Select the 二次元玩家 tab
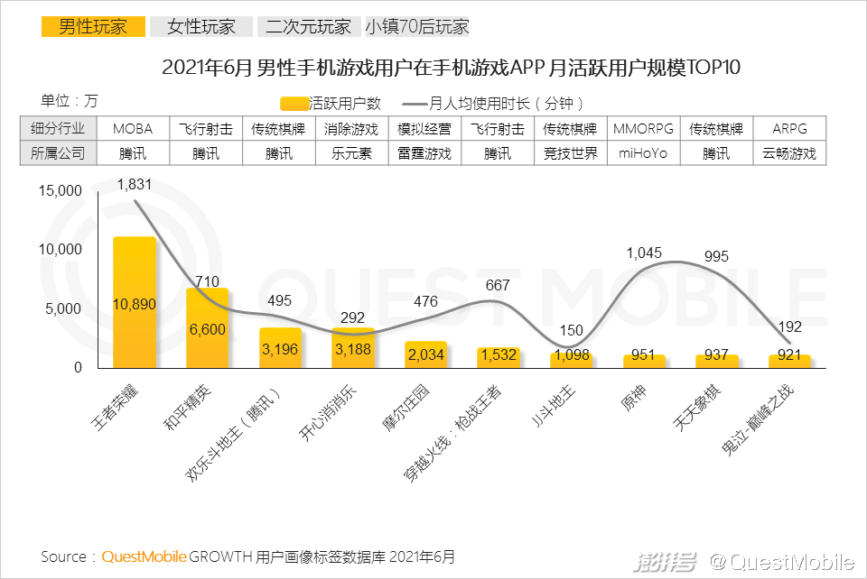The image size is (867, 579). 308,26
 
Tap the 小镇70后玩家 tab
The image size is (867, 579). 417,26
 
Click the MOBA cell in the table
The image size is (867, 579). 133,129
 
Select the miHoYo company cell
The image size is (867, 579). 643,153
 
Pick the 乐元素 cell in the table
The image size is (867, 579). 353,153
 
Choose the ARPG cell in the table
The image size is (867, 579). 789,129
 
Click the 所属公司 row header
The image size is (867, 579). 57,153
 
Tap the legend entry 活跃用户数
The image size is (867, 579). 331,104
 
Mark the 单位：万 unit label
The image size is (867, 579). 70,100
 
